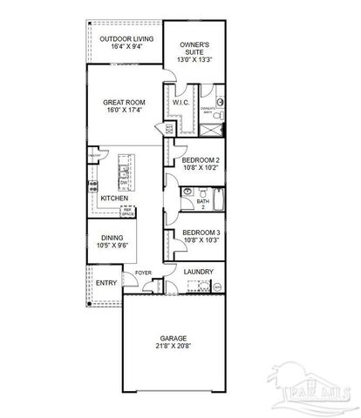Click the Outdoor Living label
[127, 40]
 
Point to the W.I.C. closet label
[181, 103]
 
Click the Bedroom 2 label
[200, 161]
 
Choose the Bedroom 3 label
[199, 233]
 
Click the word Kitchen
[114, 199]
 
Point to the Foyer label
[143, 273]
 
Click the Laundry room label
[199, 272]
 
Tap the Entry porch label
[106, 284]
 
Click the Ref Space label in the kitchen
[127, 212]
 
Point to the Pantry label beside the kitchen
[92, 156]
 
